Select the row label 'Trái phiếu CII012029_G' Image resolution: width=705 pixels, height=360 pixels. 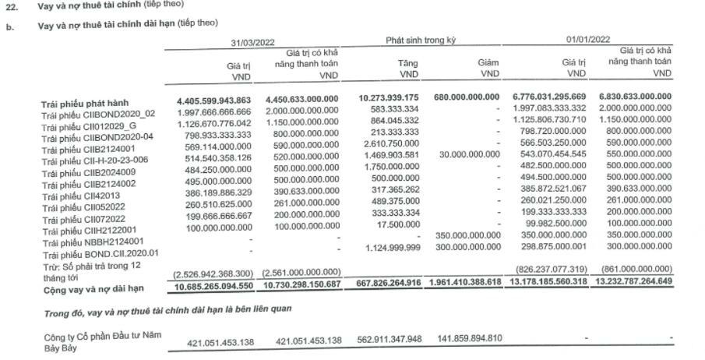point(90,125)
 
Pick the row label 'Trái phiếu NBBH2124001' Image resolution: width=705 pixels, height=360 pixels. point(93,242)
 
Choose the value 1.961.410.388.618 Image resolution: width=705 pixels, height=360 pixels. point(464,283)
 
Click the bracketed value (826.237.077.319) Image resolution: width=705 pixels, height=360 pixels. point(556,266)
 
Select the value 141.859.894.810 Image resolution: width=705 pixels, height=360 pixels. point(465,340)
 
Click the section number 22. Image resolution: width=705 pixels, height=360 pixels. point(12,5)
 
